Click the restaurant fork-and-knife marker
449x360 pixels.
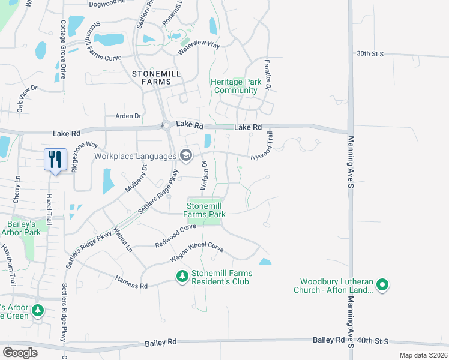pos(55,160)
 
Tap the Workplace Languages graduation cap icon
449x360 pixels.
pos(186,156)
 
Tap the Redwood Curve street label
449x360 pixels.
pos(176,236)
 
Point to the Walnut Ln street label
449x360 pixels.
pos(123,238)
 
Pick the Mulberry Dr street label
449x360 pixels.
pos(136,179)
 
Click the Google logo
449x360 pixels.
pos(20,353)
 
